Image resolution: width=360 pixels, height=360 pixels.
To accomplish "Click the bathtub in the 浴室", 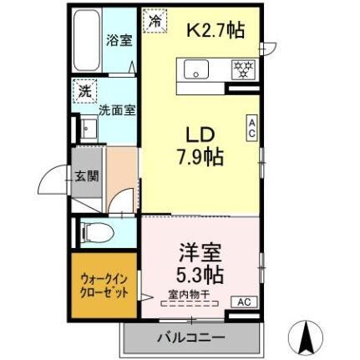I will (x=86, y=40).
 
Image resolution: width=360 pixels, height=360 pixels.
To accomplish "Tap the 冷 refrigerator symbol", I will (x=155, y=21).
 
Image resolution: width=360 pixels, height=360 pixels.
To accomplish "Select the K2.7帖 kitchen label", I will (x=215, y=31).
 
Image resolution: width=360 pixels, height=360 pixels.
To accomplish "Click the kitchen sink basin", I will (x=198, y=70).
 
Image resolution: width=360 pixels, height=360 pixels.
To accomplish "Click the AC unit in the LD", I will (x=251, y=128).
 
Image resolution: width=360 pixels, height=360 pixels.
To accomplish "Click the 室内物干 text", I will (x=188, y=294).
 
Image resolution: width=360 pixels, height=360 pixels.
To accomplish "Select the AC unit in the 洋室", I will (x=246, y=301).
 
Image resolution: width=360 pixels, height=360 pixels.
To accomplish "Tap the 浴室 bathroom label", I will (x=117, y=40).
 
